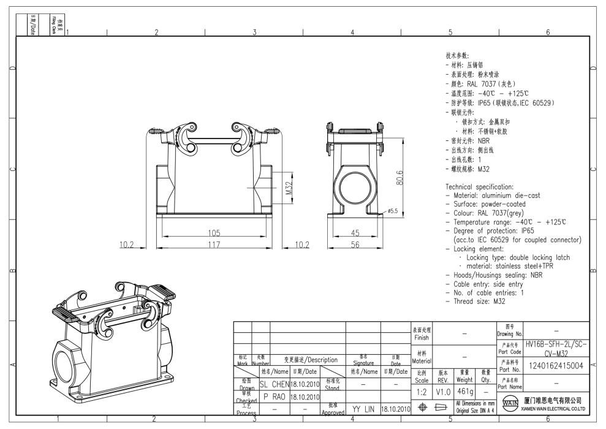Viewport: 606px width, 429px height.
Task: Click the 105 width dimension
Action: [x=213, y=233]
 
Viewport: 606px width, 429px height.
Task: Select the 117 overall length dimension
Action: [x=213, y=245]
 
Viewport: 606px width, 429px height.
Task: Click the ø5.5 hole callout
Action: [x=393, y=211]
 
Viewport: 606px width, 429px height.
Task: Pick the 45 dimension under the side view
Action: [x=355, y=233]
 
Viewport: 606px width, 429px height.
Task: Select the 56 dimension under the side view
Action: [x=355, y=245]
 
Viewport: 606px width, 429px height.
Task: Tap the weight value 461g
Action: [x=464, y=390]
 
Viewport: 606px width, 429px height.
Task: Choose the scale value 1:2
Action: [x=422, y=390]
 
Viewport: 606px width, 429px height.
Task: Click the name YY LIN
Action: [x=363, y=408]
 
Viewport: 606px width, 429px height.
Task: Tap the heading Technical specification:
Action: [x=480, y=186]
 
